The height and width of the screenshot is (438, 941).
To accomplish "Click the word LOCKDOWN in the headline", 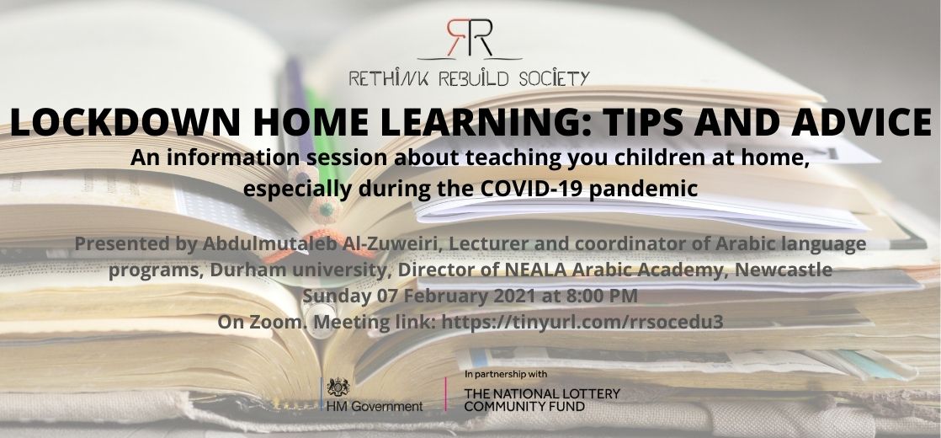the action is point(125,123).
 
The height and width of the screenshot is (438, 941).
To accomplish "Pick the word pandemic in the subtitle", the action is point(643,190).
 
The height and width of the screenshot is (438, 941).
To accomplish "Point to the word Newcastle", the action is point(784,270).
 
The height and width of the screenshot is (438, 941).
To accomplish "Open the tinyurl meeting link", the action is point(582,323).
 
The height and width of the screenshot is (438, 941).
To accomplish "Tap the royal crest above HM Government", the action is point(338,387).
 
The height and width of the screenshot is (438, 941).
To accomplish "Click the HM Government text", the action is point(375,406).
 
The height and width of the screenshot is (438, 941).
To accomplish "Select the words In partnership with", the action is point(506,374).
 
